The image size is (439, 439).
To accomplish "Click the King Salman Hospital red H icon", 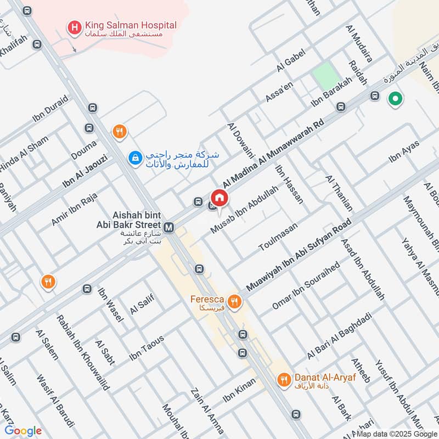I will click(73, 26).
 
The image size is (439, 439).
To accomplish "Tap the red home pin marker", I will click(219, 198).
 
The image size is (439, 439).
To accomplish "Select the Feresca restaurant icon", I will click(234, 301).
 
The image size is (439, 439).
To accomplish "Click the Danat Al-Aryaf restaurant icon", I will click(284, 379).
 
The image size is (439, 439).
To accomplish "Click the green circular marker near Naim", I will click(395, 99).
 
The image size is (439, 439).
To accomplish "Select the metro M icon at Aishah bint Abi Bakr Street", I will click(169, 226).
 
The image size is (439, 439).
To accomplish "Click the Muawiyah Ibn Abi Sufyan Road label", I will click(299, 256).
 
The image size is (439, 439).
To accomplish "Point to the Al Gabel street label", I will click(291, 64).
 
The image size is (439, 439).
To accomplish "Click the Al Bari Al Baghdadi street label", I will click(340, 336).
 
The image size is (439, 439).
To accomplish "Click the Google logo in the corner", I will click(24, 431).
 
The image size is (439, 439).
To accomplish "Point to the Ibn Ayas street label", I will click(404, 151).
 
